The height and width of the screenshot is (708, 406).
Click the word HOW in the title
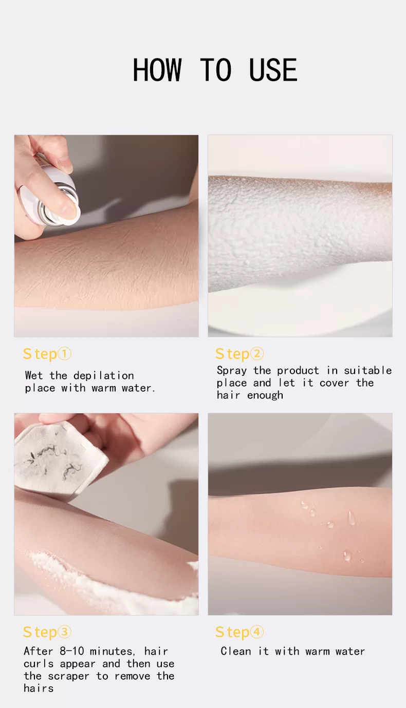[x=157, y=70]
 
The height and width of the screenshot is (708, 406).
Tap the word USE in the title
[x=273, y=70]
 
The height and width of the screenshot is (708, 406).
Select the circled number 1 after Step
[x=65, y=354]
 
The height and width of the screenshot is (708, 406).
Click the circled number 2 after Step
[x=257, y=353]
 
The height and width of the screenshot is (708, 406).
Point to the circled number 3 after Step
[x=65, y=632]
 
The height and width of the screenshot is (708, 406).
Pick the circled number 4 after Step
[x=257, y=632]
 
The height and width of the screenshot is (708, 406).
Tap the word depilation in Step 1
[x=103, y=376]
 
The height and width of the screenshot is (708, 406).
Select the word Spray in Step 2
[x=232, y=371]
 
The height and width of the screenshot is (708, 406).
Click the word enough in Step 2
[x=265, y=395]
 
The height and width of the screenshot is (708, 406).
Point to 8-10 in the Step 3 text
[x=72, y=651]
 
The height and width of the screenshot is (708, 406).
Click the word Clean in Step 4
[x=236, y=651]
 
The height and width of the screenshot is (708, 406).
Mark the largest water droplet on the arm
[x=351, y=518]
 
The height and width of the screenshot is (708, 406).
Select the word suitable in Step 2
[x=368, y=370]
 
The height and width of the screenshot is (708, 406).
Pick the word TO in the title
[x=216, y=70]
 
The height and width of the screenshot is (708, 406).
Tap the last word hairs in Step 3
[x=39, y=688]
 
